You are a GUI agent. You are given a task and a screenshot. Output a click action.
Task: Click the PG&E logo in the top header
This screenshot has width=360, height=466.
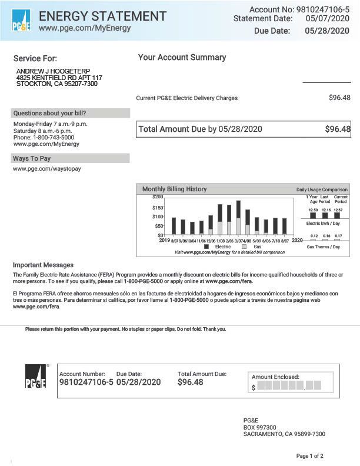(21, 21)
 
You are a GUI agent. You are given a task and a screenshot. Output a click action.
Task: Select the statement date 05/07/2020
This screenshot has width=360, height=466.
(328, 19)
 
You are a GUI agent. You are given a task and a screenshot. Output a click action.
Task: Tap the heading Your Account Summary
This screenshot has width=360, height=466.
(182, 58)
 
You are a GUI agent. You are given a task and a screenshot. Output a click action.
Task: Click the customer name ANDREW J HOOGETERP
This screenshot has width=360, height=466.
(53, 71)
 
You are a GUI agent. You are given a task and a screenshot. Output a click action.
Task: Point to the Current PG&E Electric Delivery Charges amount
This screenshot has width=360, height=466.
(339, 98)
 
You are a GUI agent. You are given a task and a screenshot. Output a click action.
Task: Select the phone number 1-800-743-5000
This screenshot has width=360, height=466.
(52, 137)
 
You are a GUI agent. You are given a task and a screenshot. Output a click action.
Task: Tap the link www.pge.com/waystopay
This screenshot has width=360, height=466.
(46, 169)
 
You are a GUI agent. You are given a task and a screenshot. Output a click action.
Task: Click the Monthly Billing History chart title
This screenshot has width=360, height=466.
(174, 189)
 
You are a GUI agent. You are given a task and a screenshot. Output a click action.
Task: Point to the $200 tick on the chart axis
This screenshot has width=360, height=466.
(158, 197)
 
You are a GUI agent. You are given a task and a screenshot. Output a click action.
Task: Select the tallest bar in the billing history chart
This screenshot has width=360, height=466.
(238, 217)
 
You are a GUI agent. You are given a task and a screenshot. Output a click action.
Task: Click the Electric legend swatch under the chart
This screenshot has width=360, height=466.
(206, 247)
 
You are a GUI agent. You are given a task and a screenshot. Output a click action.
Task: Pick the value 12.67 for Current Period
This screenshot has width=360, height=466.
(338, 210)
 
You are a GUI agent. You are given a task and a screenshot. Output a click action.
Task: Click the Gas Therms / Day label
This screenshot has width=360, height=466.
(324, 247)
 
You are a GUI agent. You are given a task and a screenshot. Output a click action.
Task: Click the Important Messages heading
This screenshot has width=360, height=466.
(43, 265)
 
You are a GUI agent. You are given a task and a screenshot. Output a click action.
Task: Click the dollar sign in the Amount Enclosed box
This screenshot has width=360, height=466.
(254, 388)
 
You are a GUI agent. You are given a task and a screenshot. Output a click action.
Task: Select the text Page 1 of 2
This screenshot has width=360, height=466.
(309, 456)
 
